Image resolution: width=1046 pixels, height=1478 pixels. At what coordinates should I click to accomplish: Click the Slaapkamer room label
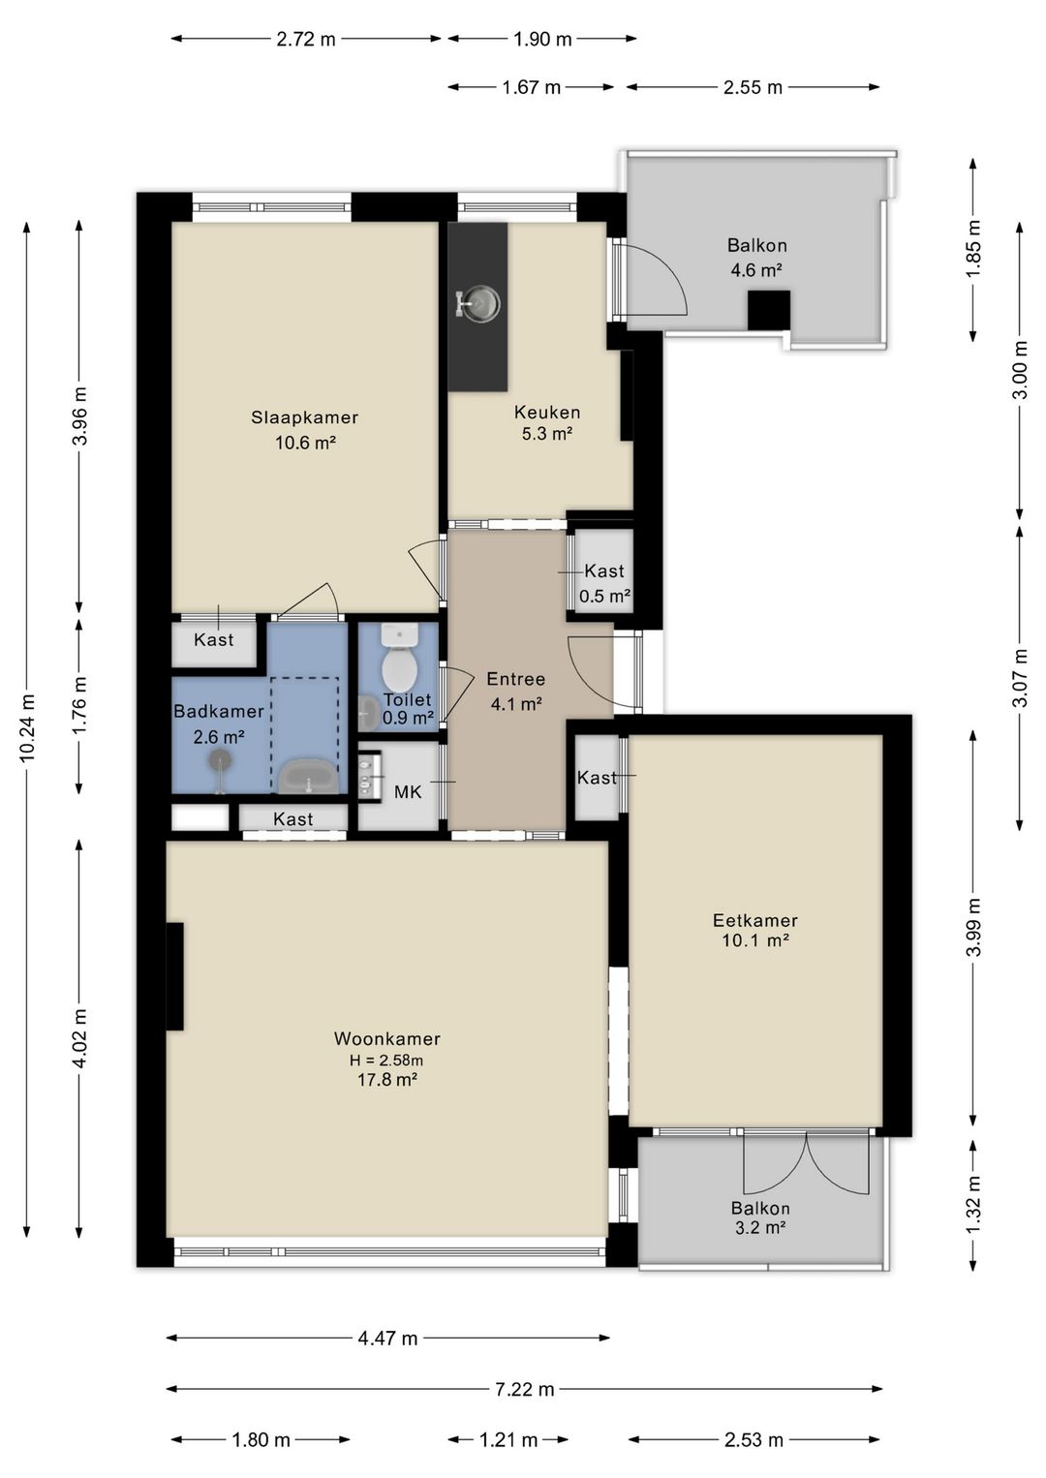(304, 417)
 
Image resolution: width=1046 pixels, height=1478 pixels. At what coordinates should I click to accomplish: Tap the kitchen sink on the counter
(479, 304)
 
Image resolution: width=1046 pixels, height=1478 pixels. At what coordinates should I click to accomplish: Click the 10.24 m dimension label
(27, 727)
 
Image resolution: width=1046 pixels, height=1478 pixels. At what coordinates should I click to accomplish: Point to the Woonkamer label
(386, 1038)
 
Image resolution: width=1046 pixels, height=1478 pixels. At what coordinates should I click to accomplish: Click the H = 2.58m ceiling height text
(386, 1061)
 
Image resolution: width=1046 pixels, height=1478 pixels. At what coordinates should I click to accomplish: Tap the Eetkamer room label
(755, 920)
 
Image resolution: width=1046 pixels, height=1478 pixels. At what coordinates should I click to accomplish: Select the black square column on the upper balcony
(769, 310)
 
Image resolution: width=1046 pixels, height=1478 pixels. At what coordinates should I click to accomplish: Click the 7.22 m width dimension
(525, 1390)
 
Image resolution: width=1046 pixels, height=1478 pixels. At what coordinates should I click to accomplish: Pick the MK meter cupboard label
(408, 792)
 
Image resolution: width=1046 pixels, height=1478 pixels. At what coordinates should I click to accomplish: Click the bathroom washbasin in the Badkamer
(308, 776)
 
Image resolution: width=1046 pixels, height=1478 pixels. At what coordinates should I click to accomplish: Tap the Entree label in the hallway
(516, 679)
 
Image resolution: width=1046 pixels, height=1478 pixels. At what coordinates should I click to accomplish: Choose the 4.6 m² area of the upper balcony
(756, 270)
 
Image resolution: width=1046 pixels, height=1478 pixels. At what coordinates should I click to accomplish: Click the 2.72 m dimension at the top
(305, 40)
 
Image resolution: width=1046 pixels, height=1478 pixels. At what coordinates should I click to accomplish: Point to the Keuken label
(547, 413)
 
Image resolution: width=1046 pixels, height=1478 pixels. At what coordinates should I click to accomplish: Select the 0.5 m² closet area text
(604, 597)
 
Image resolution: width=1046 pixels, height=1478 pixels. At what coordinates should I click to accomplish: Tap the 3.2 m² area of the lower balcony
(759, 1228)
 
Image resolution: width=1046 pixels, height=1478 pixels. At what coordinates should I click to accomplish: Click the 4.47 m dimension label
(387, 1339)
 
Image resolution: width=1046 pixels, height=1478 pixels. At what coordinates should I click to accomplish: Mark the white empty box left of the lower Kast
(200, 816)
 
